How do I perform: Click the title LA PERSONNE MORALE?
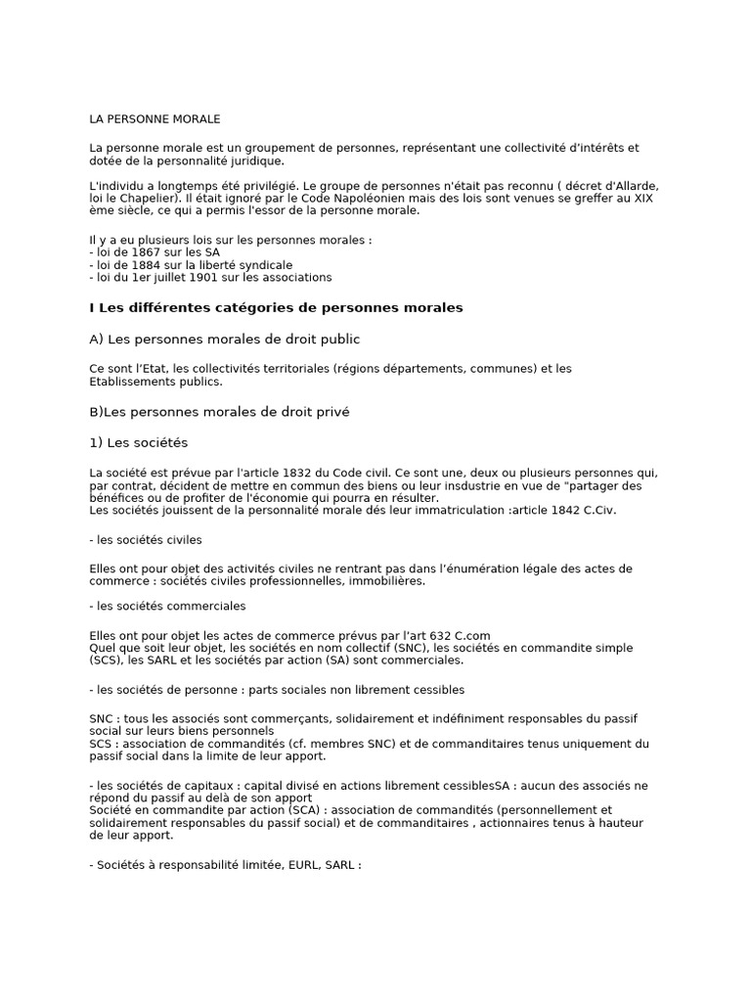[155, 119]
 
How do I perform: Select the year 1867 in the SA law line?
[140, 251]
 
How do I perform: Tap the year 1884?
[140, 264]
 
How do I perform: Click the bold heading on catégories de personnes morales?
[276, 307]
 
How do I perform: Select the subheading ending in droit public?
[224, 340]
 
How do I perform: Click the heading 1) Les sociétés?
[138, 442]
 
